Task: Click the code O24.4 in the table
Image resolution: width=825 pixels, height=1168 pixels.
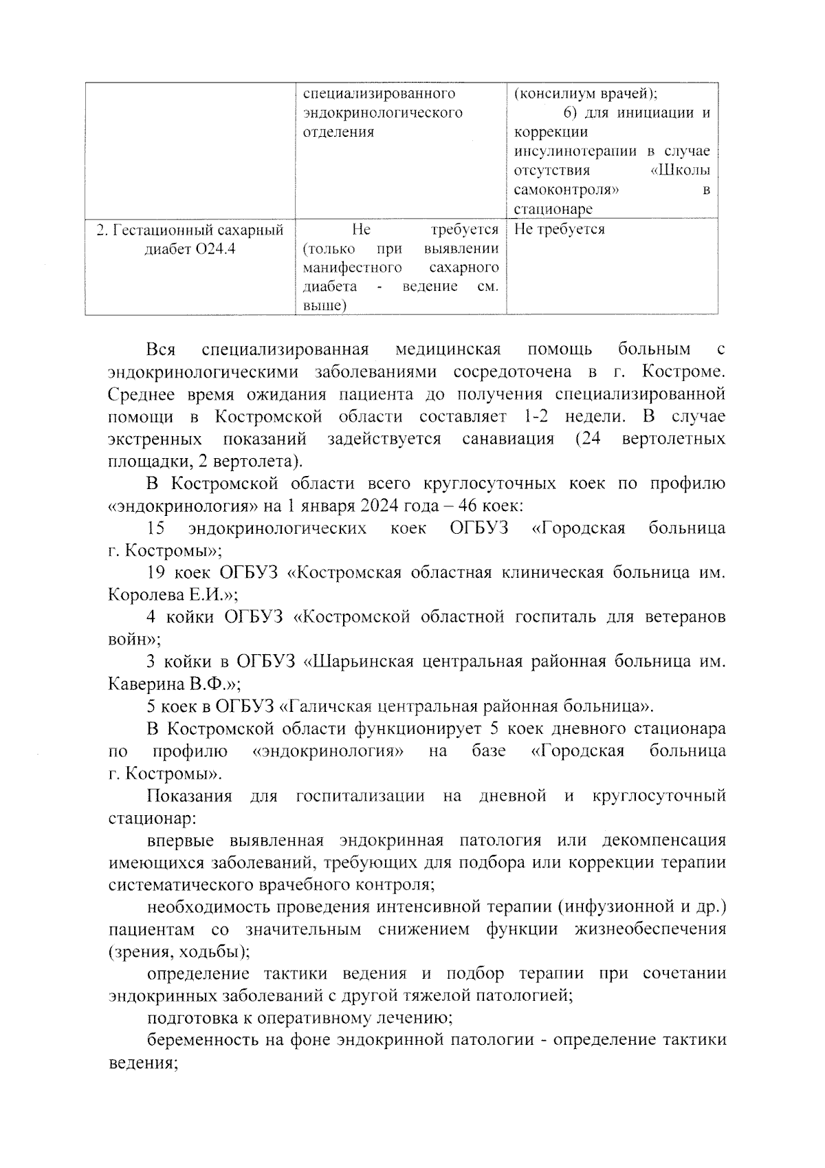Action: [215, 248]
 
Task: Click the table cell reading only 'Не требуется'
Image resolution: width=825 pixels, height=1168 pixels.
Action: [559, 229]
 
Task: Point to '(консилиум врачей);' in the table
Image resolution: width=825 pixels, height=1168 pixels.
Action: [585, 94]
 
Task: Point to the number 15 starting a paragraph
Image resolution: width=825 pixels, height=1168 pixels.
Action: [156, 528]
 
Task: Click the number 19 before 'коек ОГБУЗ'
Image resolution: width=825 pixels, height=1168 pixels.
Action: [158, 573]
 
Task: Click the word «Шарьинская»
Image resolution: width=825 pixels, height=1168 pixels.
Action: [357, 662]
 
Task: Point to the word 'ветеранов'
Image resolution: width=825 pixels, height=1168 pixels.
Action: [685, 617]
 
